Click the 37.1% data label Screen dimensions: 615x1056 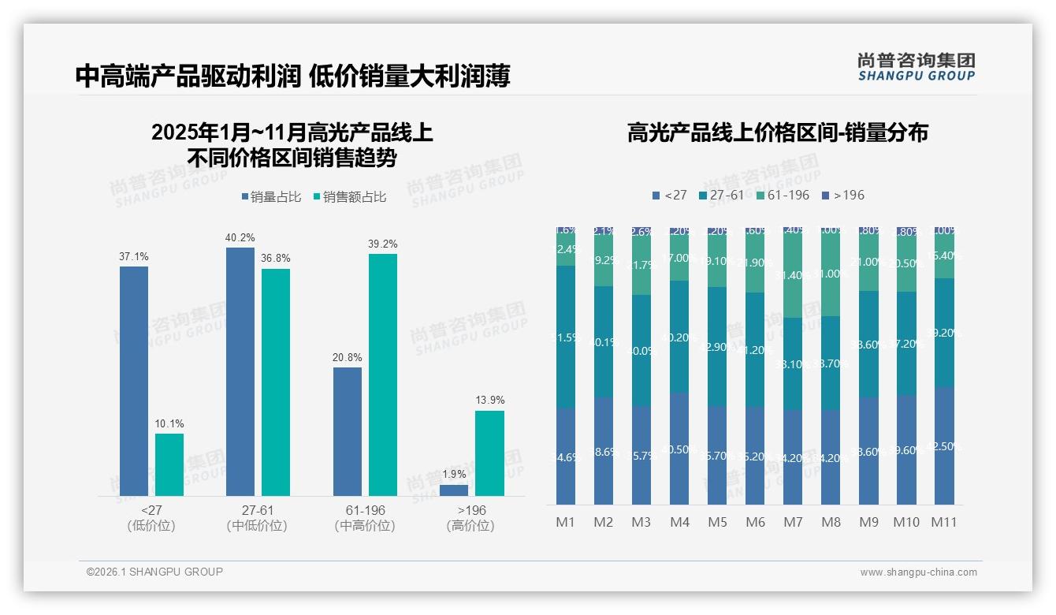[x=134, y=257]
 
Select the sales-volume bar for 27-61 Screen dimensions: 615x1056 [x=240, y=371]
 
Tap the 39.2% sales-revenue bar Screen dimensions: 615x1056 [x=382, y=375]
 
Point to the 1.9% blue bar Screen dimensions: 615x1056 [x=454, y=490]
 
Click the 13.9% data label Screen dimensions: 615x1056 [x=489, y=401]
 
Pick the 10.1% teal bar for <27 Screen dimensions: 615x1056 [x=169, y=464]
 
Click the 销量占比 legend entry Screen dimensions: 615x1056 [x=271, y=197]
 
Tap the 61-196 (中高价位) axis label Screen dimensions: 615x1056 [x=365, y=518]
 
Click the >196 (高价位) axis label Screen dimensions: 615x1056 [x=471, y=518]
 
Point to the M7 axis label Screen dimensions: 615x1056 [x=793, y=522]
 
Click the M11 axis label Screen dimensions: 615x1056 [x=944, y=522]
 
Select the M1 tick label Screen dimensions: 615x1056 [x=566, y=522]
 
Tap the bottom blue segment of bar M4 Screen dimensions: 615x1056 [x=679, y=449]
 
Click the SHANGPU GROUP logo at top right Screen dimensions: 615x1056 [x=916, y=67]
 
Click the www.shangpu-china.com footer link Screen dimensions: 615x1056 [x=918, y=572]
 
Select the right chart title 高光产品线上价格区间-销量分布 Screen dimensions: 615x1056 [x=777, y=132]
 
